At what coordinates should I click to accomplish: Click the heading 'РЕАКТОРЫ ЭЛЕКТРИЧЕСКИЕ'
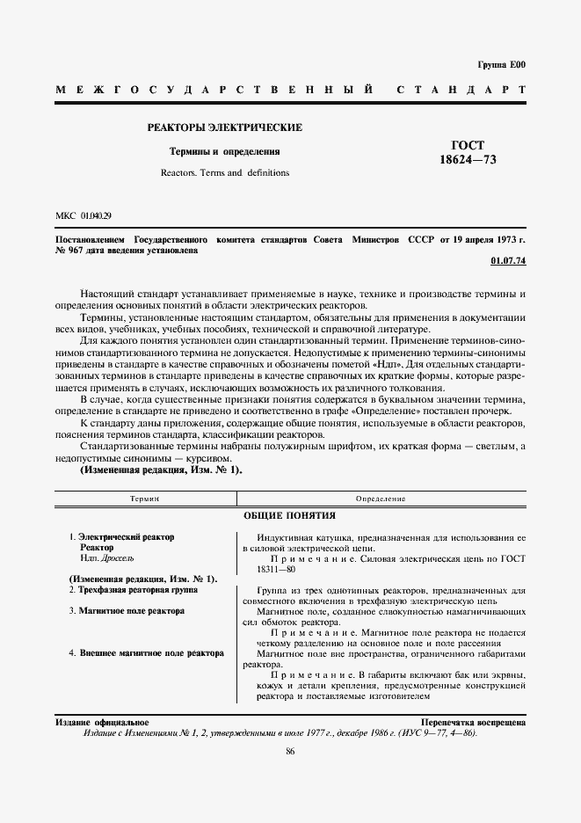(x=225, y=127)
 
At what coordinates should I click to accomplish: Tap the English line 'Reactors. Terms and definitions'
(x=225, y=172)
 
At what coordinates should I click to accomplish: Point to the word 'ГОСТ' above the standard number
(x=468, y=144)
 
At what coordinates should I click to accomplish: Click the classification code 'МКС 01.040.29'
(x=84, y=215)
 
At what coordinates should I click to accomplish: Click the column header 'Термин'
(x=145, y=499)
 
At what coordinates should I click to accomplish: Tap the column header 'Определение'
(x=381, y=499)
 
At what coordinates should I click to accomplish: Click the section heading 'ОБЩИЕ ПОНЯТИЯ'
(x=290, y=515)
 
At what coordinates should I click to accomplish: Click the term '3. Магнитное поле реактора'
(x=126, y=610)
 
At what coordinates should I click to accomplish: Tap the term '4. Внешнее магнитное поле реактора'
(x=146, y=653)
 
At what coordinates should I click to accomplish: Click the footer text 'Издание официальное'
(x=101, y=721)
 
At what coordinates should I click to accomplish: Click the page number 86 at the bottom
(x=290, y=750)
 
